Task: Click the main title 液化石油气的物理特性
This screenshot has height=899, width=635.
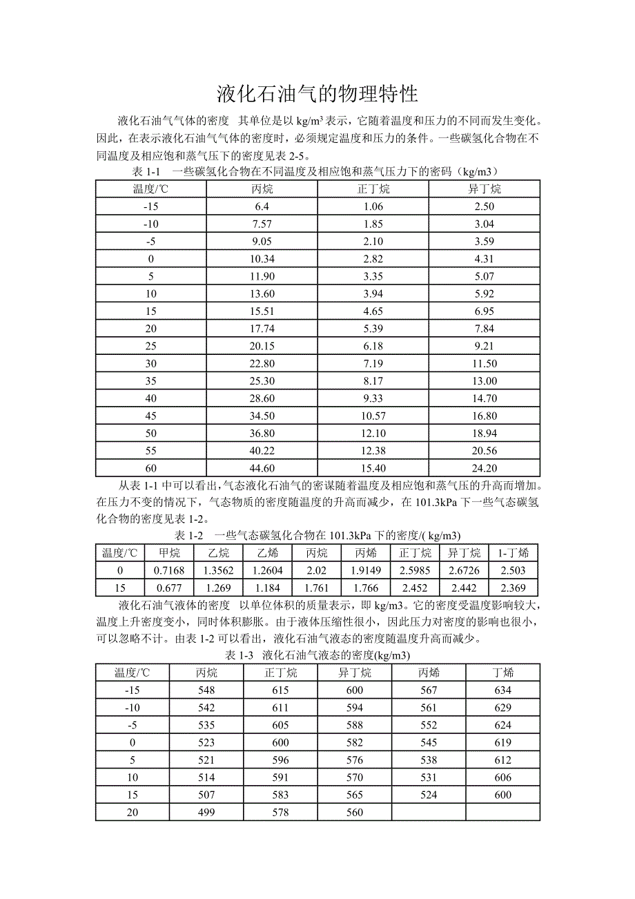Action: (317, 93)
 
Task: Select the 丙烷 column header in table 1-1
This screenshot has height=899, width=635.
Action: (262, 188)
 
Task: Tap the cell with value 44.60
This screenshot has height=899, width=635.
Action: (262, 467)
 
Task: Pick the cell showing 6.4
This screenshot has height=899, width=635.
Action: (262, 206)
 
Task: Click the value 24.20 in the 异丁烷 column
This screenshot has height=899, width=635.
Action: (483, 467)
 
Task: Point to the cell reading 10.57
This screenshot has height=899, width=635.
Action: (373, 416)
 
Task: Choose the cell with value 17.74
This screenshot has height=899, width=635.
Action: (262, 328)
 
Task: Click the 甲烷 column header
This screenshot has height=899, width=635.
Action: (169, 552)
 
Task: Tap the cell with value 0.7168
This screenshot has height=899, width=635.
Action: (169, 570)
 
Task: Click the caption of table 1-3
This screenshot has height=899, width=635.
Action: (317, 655)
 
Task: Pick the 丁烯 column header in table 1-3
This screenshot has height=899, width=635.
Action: (502, 673)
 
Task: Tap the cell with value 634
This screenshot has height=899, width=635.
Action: (502, 690)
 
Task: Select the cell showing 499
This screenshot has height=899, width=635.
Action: (206, 812)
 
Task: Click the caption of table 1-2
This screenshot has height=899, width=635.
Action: (317, 535)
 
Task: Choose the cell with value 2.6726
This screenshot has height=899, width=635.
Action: (464, 570)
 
